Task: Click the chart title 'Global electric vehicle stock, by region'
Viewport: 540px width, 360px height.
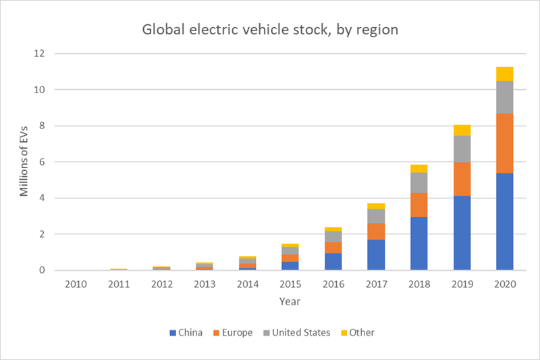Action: point(270,30)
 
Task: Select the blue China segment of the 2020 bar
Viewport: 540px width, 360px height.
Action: point(504,222)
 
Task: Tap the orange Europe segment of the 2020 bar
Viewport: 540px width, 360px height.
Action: point(504,143)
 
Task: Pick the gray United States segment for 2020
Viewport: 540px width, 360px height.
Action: point(504,97)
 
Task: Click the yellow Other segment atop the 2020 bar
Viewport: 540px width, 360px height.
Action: point(504,74)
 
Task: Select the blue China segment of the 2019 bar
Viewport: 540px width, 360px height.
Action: point(462,233)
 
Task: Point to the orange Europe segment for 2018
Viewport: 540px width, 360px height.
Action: point(419,205)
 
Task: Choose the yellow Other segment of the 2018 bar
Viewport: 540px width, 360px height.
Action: point(419,168)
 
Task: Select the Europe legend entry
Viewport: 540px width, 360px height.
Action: point(234,332)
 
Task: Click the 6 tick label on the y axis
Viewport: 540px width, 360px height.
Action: point(43,162)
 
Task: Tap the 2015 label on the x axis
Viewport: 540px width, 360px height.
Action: point(290,284)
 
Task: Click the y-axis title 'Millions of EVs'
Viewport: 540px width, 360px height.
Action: point(24,162)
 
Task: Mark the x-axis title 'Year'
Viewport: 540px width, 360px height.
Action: point(290,302)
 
